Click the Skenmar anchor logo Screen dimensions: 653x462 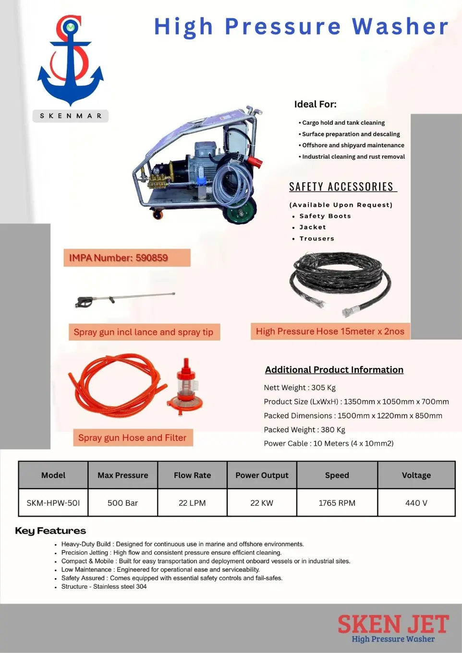(71, 61)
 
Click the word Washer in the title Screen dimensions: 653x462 (400, 27)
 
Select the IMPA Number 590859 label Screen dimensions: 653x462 (127, 258)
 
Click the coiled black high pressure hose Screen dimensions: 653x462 (340, 283)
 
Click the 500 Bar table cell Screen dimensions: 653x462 (122, 503)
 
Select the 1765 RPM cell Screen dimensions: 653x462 (337, 503)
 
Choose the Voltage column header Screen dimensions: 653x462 (416, 475)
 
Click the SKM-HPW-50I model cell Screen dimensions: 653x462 (53, 503)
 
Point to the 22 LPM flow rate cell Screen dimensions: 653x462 (192, 503)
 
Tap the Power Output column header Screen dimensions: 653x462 (262, 475)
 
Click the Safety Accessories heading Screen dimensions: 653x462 (341, 187)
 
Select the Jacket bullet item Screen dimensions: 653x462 (313, 227)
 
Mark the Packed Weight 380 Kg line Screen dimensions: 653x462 (304, 429)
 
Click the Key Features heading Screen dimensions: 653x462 (50, 531)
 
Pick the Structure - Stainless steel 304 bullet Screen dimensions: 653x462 (104, 586)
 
